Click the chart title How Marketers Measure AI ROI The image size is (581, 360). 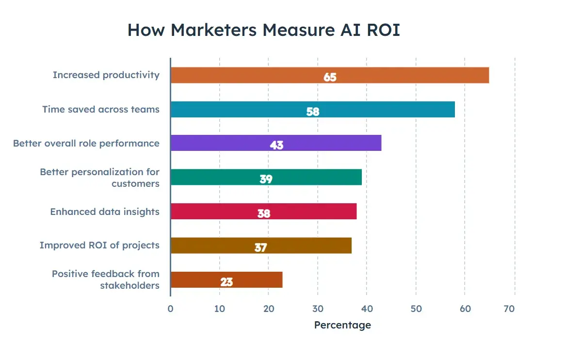[x=263, y=30]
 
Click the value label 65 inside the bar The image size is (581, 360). [x=330, y=77]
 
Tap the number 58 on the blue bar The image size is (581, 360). [x=313, y=112]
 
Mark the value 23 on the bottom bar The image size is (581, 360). [x=226, y=282]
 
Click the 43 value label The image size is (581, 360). [x=276, y=145]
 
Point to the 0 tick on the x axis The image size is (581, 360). [x=170, y=309]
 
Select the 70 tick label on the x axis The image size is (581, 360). [x=509, y=309]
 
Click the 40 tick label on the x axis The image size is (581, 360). [x=367, y=309]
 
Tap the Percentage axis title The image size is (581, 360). [x=342, y=325]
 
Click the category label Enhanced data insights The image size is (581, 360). [x=105, y=212]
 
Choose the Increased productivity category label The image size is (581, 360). [x=106, y=75]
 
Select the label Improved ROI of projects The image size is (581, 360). [x=99, y=245]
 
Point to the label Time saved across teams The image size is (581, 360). [x=101, y=109]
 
